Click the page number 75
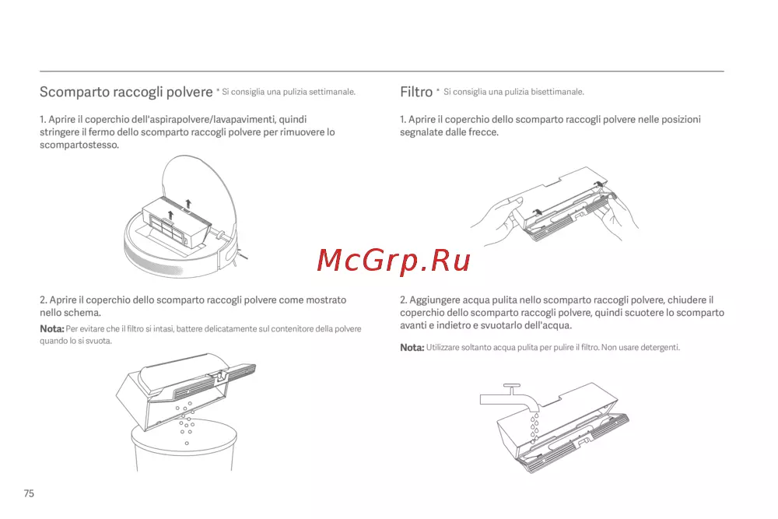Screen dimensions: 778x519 (x=29, y=493)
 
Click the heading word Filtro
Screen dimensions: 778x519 (x=416, y=92)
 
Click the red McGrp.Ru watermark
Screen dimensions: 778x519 (x=394, y=261)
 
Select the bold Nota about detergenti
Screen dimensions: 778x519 (x=412, y=347)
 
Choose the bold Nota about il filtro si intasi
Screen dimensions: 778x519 (x=52, y=328)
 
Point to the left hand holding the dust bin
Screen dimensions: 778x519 (x=496, y=221)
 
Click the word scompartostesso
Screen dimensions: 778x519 (x=79, y=145)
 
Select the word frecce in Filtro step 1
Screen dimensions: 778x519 (x=483, y=132)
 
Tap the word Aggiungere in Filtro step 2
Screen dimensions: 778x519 (x=435, y=300)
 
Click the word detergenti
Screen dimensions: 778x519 (x=660, y=347)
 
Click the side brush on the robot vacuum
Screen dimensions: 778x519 (x=242, y=254)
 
